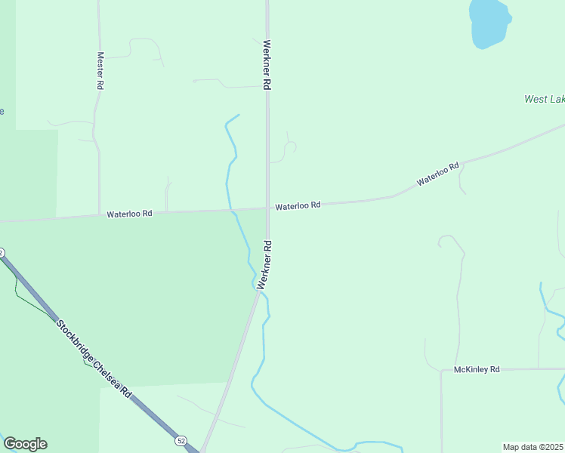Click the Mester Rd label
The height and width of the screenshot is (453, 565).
[x=100, y=71]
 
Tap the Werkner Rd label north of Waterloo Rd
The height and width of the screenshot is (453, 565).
[x=267, y=66]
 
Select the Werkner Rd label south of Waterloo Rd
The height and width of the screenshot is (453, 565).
[x=264, y=265]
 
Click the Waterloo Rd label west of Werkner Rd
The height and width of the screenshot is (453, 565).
[x=129, y=214]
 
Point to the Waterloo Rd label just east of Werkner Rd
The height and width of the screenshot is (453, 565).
[x=298, y=205]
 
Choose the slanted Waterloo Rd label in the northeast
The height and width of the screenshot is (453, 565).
[x=438, y=174]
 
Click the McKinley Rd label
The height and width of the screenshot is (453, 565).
[x=477, y=370]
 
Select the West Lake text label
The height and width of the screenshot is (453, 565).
[x=544, y=99]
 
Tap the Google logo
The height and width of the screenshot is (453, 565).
[x=26, y=444]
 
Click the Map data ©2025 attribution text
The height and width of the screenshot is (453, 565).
[x=533, y=447]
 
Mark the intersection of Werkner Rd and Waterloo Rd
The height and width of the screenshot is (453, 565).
[x=267, y=208]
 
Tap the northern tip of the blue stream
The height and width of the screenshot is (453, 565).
[x=239, y=115]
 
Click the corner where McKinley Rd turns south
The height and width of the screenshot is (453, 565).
[x=442, y=371]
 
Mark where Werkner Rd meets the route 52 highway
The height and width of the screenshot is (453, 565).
[x=201, y=451]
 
